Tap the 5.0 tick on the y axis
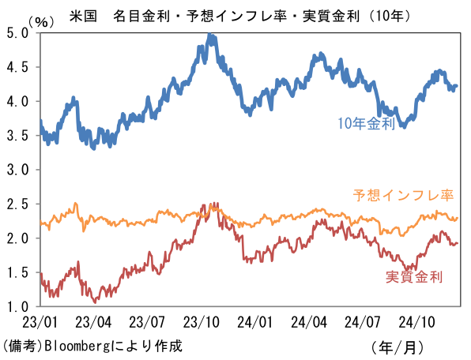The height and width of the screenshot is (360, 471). [17, 34]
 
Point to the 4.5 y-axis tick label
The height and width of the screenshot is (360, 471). [17, 68]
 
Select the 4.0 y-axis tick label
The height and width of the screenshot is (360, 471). [17, 102]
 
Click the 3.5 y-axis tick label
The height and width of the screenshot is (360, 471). [17, 136]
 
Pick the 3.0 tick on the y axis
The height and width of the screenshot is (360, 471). [17, 170]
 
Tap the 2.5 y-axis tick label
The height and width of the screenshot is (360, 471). [17, 204]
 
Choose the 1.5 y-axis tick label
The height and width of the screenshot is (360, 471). [17, 272]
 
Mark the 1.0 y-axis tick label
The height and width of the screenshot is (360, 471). [17, 306]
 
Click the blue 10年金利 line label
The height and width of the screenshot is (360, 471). [365, 124]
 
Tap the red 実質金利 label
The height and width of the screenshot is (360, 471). [413, 276]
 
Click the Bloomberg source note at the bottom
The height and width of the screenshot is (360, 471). [92, 346]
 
